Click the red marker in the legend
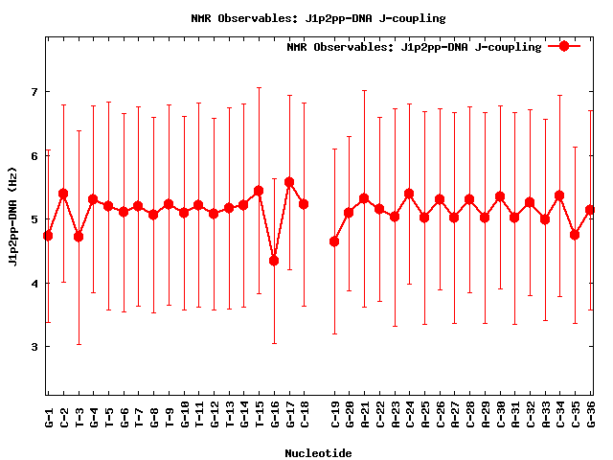(564, 46)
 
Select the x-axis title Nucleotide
(318, 452)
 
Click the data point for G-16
(274, 261)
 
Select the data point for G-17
(289, 182)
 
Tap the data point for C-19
(334, 241)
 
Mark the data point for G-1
(49, 236)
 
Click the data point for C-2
(63, 194)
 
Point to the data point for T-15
(259, 191)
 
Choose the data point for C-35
(575, 235)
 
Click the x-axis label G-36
(591, 416)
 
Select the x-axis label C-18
(305, 416)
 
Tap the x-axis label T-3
(79, 416)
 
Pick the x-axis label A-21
(365, 416)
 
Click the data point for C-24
(409, 194)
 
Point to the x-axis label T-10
(184, 416)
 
